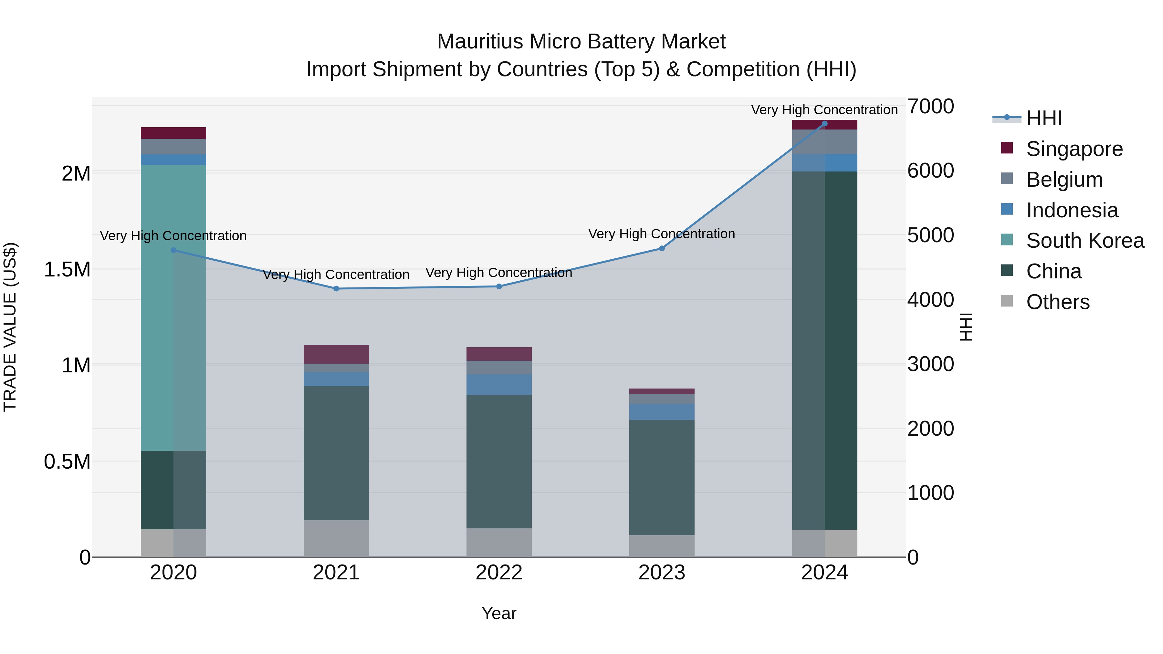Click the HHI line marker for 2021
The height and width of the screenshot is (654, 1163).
(336, 288)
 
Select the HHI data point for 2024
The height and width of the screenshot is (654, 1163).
(824, 124)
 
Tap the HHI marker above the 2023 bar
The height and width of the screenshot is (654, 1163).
(662, 248)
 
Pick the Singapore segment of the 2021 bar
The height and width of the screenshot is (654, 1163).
(336, 354)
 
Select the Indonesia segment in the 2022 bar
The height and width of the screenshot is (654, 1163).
(499, 385)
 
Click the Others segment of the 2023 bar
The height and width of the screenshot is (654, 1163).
(662, 546)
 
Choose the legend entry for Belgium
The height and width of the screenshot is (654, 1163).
(1064, 180)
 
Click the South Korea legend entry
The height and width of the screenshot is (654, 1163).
(1085, 241)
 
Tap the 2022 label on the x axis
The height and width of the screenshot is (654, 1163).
(499, 573)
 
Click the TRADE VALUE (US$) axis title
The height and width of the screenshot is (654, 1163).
(10, 327)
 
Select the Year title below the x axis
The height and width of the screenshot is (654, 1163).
(499, 613)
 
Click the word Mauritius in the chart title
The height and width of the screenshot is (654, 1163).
(480, 42)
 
